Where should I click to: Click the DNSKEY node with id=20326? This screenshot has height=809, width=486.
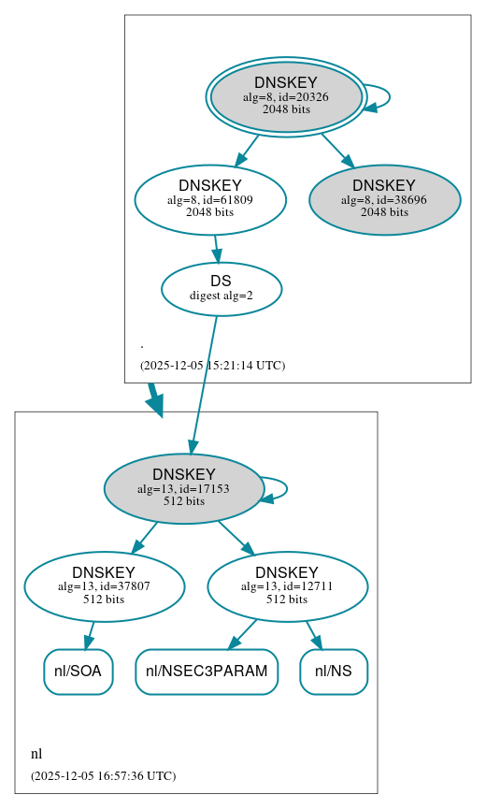pos(286,96)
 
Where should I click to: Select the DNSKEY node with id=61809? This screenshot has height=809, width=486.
pos(210,198)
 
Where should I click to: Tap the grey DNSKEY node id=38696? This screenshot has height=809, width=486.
pos(384,199)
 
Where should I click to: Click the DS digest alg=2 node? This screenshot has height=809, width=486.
pos(222,288)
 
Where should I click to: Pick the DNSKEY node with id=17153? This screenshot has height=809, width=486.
pos(184,488)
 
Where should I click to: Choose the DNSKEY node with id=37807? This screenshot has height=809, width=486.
pos(104,586)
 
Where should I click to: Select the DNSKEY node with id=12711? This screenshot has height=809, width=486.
pos(287,586)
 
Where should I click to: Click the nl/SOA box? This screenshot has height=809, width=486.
pos(79,672)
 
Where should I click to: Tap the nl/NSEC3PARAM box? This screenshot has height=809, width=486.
pos(207,672)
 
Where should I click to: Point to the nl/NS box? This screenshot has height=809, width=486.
pos(334,672)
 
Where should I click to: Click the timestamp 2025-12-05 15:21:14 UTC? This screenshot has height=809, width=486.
pos(212,366)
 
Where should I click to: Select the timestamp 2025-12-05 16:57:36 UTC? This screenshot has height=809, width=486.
pos(103,776)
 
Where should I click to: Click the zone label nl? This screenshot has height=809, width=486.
pos(36,754)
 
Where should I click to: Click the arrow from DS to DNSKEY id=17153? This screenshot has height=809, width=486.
pos(204,383)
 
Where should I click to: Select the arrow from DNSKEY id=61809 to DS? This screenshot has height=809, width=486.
pos(216,248)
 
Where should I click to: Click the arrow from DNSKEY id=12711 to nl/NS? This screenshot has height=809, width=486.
pos(315,634)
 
